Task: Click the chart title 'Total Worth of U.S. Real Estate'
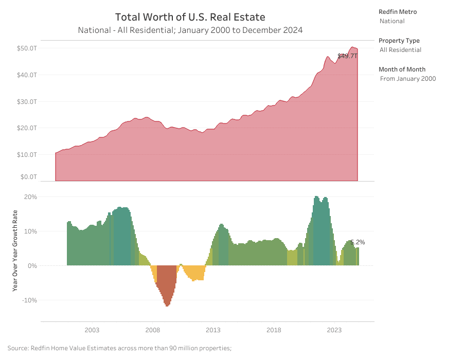[x=190, y=17]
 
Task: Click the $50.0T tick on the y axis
[x=27, y=48]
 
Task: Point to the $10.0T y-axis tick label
[x=27, y=154]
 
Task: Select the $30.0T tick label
[x=27, y=101]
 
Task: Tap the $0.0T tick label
[x=28, y=177]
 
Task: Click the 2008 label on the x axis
[x=152, y=330]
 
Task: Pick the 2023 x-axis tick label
[x=334, y=330]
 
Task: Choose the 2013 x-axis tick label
[x=213, y=330]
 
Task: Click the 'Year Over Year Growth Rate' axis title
[x=15, y=250]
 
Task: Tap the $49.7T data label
[x=347, y=56]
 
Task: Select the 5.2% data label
[x=358, y=242]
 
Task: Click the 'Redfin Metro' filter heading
[x=398, y=12]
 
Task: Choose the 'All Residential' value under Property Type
[x=400, y=50]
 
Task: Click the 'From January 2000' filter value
[x=407, y=79]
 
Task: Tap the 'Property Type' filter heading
[x=399, y=41]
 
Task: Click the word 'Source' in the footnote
[x=19, y=348]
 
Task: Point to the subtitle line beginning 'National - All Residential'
[x=190, y=30]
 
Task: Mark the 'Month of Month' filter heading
[x=402, y=69]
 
